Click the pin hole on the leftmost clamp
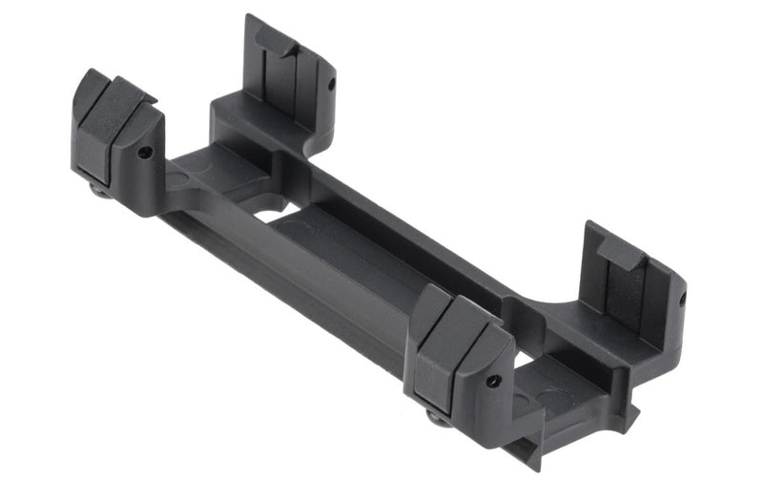[144, 152]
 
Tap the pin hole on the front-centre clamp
[493, 381]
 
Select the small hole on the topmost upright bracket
[330, 84]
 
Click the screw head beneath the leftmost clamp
[97, 189]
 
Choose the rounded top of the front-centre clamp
[458, 315]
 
